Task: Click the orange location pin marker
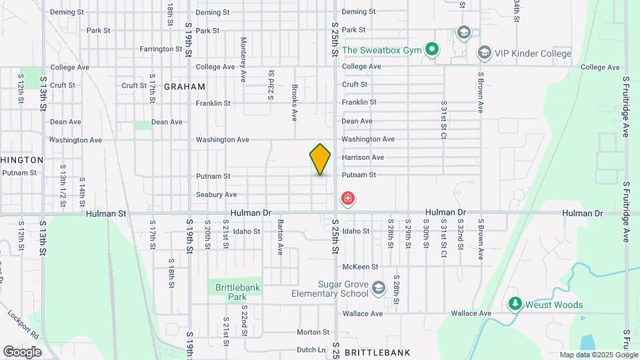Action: (321, 159)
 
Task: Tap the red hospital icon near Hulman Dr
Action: (347, 198)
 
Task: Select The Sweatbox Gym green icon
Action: (431, 49)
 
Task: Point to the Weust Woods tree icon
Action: (515, 304)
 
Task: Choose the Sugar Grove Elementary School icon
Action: (379, 288)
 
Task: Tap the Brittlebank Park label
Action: (231, 292)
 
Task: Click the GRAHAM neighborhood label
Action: (184, 87)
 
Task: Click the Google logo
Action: (22, 351)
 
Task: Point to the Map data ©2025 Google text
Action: (598, 355)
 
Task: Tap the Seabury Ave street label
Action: (216, 195)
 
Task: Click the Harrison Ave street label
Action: (363, 157)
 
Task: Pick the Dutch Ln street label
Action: (310, 349)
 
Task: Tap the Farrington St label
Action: (161, 49)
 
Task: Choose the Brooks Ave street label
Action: (294, 103)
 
